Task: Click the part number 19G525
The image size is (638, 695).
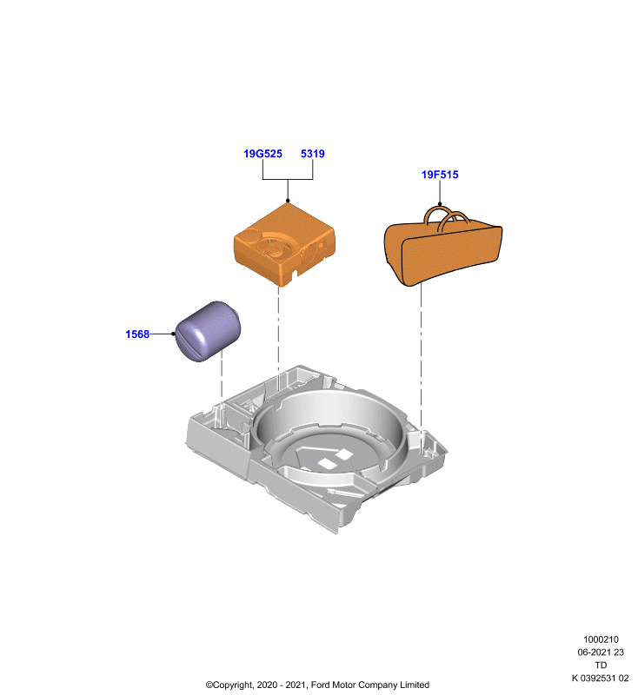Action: coord(263,154)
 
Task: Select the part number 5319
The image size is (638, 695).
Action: coord(313,154)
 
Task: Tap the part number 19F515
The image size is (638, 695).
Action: coord(440,175)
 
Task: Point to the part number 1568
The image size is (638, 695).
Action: coord(137,334)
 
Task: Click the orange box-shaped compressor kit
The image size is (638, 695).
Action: coord(284,245)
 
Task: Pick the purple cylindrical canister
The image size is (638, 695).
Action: coord(208,331)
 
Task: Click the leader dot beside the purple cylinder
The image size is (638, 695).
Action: coord(173,334)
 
